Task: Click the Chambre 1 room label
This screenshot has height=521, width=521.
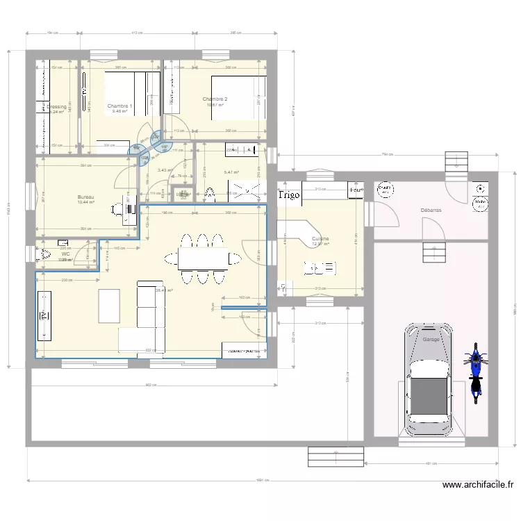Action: pyautogui.click(x=119, y=106)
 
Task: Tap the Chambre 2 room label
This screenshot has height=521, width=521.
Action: pyautogui.click(x=215, y=99)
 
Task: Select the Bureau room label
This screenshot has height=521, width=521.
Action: pyautogui.click(x=85, y=197)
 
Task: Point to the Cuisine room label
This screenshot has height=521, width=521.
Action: pyautogui.click(x=320, y=238)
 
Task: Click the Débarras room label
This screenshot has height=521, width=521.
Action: pyautogui.click(x=431, y=210)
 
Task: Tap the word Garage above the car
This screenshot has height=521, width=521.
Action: pyautogui.click(x=431, y=340)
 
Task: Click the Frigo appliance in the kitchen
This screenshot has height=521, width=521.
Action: pyautogui.click(x=289, y=195)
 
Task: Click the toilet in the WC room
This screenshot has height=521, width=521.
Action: pyautogui.click(x=45, y=254)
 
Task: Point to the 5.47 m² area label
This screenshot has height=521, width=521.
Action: pyautogui.click(x=231, y=173)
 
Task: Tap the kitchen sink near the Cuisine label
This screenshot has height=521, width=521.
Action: pyautogui.click(x=320, y=267)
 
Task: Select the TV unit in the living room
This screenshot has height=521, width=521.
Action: pyautogui.click(x=46, y=316)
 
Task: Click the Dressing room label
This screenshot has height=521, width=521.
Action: pyautogui.click(x=57, y=107)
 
